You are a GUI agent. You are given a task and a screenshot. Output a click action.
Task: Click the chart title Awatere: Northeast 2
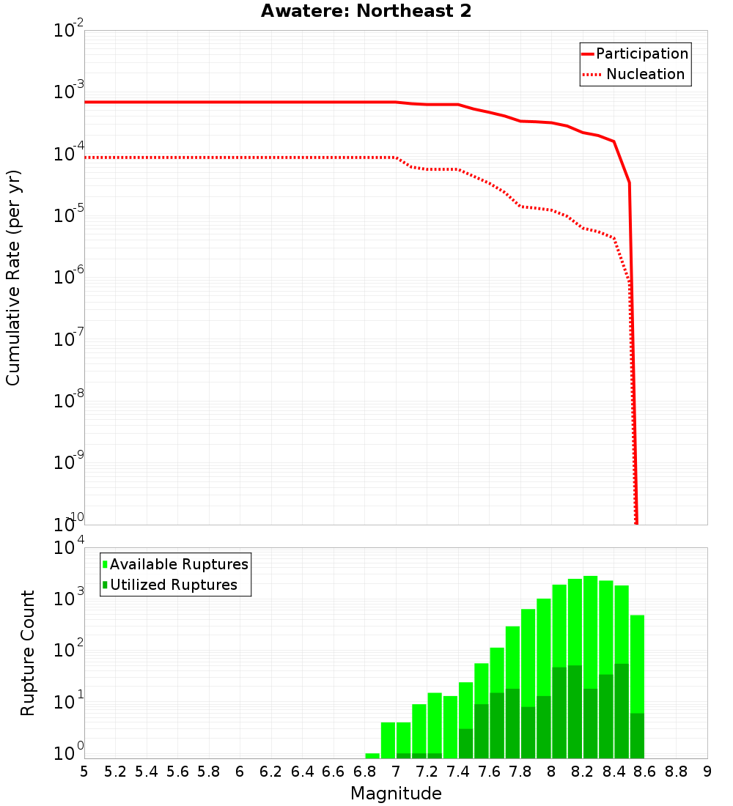point(366,12)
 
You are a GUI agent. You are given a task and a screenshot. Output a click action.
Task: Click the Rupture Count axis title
point(28,653)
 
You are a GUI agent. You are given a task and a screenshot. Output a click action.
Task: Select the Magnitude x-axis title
point(396,794)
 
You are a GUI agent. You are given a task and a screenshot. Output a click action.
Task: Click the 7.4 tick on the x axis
point(458,772)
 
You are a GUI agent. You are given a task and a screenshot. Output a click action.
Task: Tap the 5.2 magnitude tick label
point(115,772)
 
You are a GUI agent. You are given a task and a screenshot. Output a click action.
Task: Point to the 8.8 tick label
point(676,772)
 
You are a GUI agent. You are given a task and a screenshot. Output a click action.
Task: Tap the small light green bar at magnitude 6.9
point(372,755)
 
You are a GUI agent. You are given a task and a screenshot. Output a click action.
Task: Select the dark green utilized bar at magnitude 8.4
point(622,711)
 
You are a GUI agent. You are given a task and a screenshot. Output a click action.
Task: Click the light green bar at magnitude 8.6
point(637,659)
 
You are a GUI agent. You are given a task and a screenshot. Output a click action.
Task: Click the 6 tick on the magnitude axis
point(240,772)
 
